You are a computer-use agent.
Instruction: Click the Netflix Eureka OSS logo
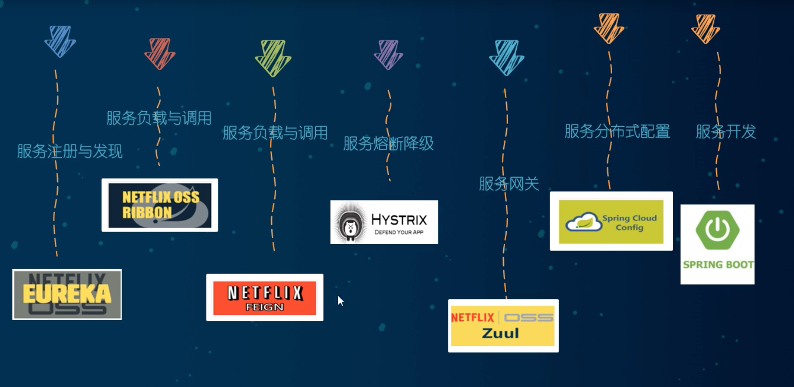click(67, 294)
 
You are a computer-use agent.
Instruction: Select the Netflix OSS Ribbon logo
click(160, 205)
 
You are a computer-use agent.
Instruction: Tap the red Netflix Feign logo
click(265, 298)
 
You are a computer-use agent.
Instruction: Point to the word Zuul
click(500, 333)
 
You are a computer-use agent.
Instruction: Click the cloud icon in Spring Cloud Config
click(584, 222)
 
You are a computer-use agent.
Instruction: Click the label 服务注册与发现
click(70, 151)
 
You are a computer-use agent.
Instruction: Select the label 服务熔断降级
click(388, 144)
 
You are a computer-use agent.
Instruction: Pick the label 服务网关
click(509, 184)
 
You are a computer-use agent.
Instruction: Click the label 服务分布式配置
click(617, 131)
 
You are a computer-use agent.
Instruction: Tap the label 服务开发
click(726, 131)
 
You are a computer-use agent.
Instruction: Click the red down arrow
click(160, 53)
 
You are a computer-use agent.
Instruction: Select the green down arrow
click(273, 58)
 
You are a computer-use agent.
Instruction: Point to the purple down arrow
click(388, 54)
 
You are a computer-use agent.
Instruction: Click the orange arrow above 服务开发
click(706, 29)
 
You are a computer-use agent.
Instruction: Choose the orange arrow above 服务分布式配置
click(609, 28)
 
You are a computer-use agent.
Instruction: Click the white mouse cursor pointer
click(340, 301)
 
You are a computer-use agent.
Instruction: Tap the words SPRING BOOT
click(718, 264)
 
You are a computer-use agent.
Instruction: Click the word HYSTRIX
click(399, 220)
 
